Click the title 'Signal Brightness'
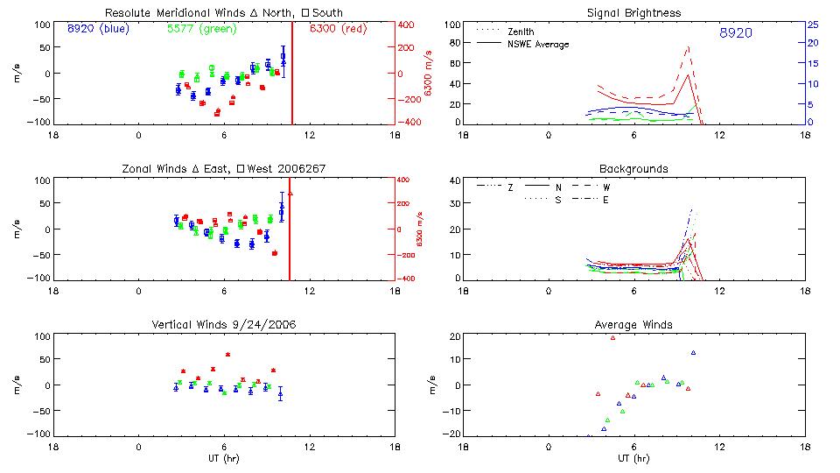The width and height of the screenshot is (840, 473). coord(633,13)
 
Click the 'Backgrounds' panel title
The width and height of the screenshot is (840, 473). coord(633,168)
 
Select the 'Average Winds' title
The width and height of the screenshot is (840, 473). coord(633,324)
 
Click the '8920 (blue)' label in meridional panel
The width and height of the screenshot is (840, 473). coord(97,29)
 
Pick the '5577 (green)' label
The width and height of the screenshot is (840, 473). coord(200,29)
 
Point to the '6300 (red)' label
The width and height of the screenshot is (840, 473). coord(339,29)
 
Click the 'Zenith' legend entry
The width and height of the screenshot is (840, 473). coord(521,32)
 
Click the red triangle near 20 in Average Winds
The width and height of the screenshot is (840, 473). coord(612,337)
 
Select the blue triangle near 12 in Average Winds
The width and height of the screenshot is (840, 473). coord(693,352)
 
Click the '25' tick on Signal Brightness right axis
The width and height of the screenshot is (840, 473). coord(812,25)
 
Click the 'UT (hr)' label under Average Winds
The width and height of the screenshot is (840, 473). coord(633,458)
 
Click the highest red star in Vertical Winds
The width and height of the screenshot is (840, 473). coord(227,355)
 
